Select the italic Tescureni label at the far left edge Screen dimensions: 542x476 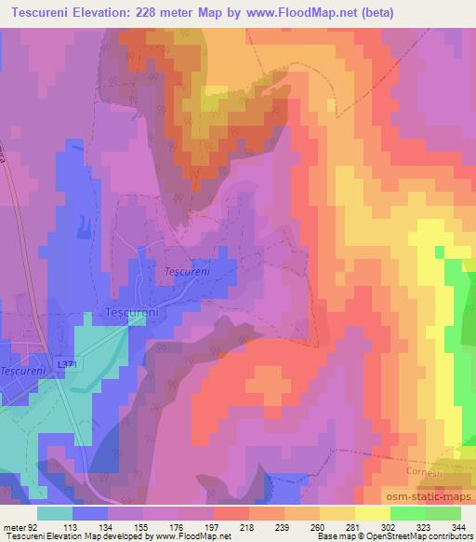click(x=20, y=371)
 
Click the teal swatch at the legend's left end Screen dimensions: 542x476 click(x=55, y=513)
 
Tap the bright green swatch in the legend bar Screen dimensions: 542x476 click(x=407, y=513)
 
